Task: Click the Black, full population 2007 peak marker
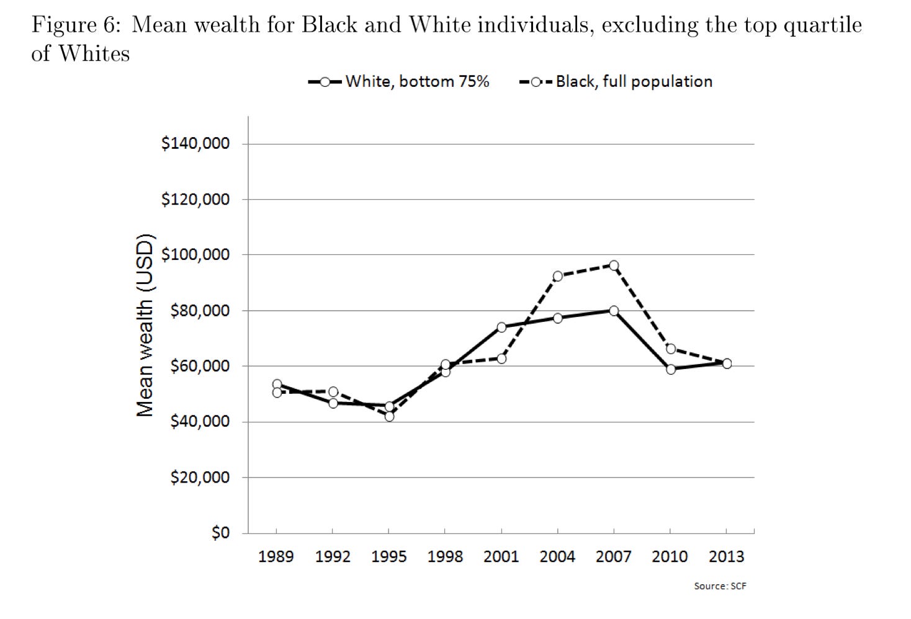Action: (x=614, y=265)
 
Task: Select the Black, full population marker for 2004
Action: (x=557, y=276)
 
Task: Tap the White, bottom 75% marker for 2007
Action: (x=614, y=311)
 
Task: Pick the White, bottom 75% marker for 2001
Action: (x=501, y=327)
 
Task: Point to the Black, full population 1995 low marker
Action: (x=389, y=416)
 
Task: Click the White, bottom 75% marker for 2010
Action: (x=670, y=369)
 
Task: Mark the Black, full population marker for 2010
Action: (x=670, y=349)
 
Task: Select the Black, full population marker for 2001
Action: (x=501, y=358)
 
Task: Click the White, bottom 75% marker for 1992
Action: (x=333, y=403)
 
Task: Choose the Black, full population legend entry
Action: (x=616, y=82)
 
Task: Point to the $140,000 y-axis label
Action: (x=195, y=144)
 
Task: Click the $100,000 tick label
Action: (x=195, y=255)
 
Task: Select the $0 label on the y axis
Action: (x=220, y=533)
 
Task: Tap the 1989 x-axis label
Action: (x=276, y=556)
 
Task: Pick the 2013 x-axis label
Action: (x=726, y=556)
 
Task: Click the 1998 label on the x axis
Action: (x=445, y=556)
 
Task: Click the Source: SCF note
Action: (x=720, y=586)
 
